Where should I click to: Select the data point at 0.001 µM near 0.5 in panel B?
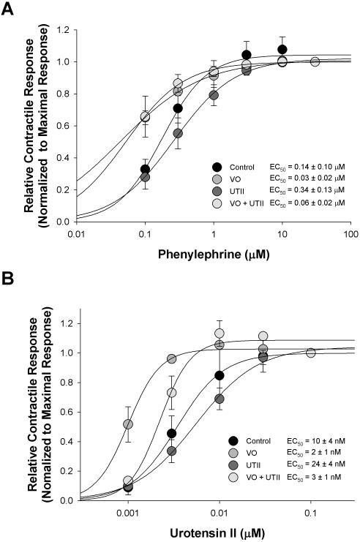click(x=128, y=424)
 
